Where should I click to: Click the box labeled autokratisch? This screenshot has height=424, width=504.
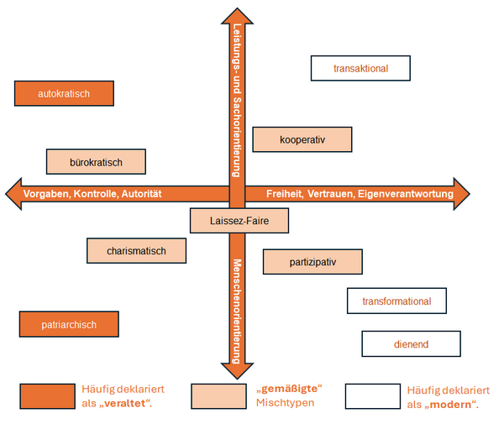pyautogui.click(x=65, y=93)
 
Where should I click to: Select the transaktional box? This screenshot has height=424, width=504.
pyautogui.click(x=360, y=68)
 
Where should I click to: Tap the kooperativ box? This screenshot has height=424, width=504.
pyautogui.click(x=302, y=139)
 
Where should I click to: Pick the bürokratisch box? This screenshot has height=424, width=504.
pyautogui.click(x=96, y=162)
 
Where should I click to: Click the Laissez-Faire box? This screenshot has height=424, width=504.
pyautogui.click(x=239, y=221)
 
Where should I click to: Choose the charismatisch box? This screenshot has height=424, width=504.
pyautogui.click(x=137, y=251)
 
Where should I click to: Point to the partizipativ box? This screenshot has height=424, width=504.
pyautogui.click(x=312, y=262)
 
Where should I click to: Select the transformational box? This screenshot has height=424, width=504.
pyautogui.click(x=396, y=301)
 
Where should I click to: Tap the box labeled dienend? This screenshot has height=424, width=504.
pyautogui.click(x=411, y=344)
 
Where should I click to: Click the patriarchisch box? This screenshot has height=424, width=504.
pyautogui.click(x=69, y=324)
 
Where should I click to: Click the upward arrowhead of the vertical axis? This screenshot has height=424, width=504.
pyautogui.click(x=237, y=17)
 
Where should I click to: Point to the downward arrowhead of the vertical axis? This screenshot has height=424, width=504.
pyautogui.click(x=237, y=370)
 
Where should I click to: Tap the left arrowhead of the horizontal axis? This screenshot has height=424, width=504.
pyautogui.click(x=13, y=194)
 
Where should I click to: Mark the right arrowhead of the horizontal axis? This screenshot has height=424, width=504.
pyautogui.click(x=461, y=194)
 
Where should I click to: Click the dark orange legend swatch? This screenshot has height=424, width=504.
pyautogui.click(x=48, y=396)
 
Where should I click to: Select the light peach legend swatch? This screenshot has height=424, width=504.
pyautogui.click(x=219, y=396)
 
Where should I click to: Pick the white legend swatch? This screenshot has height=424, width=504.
pyautogui.click(x=373, y=396)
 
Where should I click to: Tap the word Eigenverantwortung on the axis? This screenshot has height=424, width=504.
pyautogui.click(x=406, y=194)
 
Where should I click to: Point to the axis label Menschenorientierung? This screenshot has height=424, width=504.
pyautogui.click(x=237, y=311)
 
